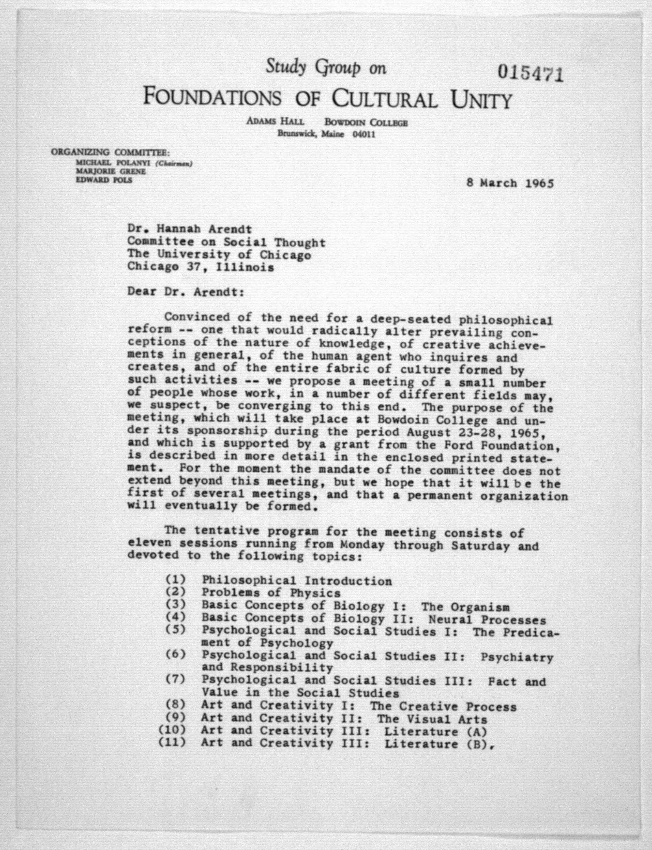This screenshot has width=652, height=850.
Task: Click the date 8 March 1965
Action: point(510,183)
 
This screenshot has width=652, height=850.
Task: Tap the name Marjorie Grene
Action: point(111,172)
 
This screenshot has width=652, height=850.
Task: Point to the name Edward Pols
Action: point(104,180)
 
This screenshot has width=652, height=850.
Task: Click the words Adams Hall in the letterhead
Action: point(275,121)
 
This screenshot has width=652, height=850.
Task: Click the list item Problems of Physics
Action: point(271,593)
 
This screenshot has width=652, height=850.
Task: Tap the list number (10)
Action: point(171,730)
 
